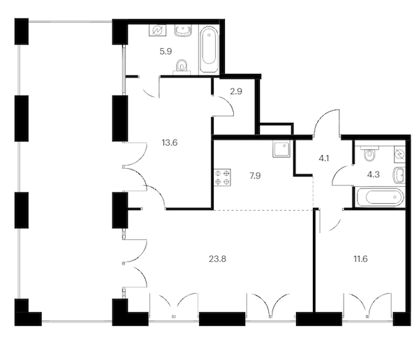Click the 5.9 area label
[x=166, y=51]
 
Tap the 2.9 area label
[x=236, y=91]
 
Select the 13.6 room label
[x=170, y=143]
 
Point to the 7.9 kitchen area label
[x=255, y=176]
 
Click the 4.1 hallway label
[x=324, y=158]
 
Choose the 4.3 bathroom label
[x=374, y=174]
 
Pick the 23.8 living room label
[x=217, y=259]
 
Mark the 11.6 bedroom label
[x=361, y=259]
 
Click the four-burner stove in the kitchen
[x=222, y=178]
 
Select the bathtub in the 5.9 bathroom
[x=209, y=50]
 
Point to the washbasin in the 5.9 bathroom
[x=184, y=31]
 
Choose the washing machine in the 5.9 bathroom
[x=158, y=31]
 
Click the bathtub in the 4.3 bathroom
[x=380, y=197]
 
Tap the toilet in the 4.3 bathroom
[x=369, y=153]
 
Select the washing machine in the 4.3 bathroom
[x=399, y=155]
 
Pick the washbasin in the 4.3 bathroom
[x=399, y=175]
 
